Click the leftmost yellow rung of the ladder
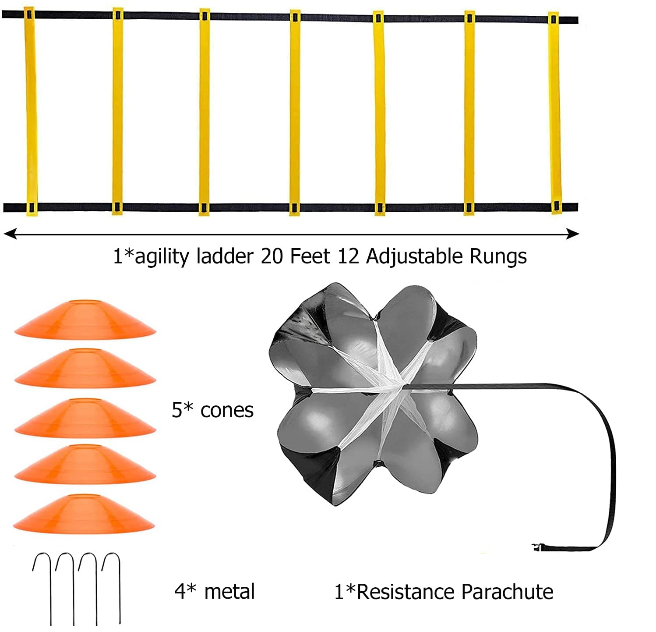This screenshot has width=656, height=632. (x=30, y=111)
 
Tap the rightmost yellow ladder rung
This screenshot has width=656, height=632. (x=554, y=113)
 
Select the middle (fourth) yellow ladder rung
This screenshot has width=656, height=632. (x=295, y=112)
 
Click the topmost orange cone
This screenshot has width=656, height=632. (x=85, y=320)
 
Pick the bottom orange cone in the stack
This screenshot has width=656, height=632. (x=84, y=514)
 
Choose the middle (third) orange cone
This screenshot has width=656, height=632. (x=85, y=418)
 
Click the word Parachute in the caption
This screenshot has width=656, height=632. (x=507, y=592)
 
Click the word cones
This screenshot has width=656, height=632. (x=227, y=411)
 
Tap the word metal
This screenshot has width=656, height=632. (x=229, y=591)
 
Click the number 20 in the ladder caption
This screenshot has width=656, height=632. (x=272, y=256)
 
